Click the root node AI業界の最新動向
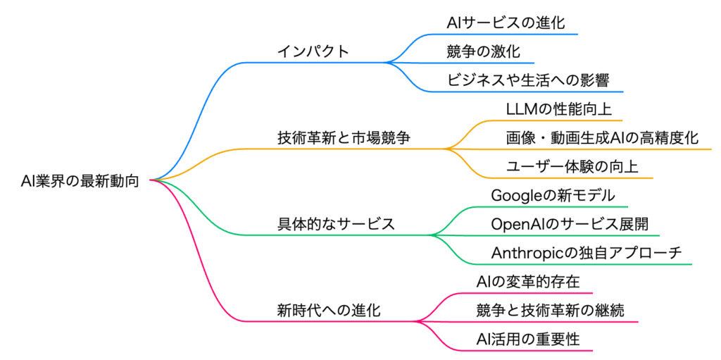[x=80, y=181]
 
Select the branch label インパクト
[x=313, y=51]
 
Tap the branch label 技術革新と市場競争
[x=344, y=137]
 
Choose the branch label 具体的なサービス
[x=336, y=224]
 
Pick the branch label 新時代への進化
[x=329, y=310]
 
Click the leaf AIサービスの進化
[x=506, y=23]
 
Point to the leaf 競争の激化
[x=483, y=51]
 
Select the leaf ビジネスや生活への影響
[x=528, y=80]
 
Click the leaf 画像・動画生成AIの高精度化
[x=603, y=137]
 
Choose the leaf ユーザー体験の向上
[x=572, y=166]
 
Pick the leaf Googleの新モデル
[x=553, y=195]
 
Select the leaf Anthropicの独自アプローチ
[x=586, y=253]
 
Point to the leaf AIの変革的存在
[x=527, y=281]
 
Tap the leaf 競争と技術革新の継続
[x=550, y=310]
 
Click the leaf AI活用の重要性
[x=527, y=339]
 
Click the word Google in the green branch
[x=516, y=195]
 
